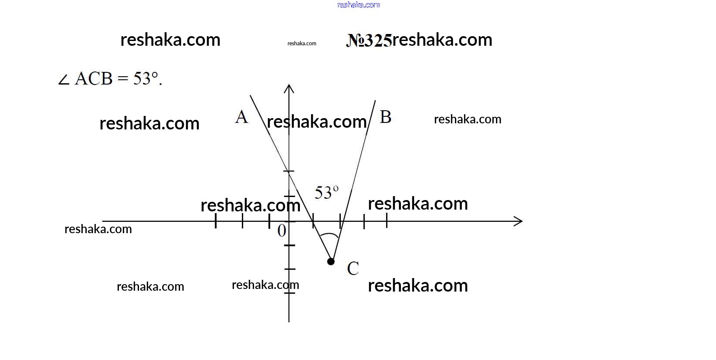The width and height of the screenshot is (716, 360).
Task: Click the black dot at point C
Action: pyautogui.click(x=331, y=262)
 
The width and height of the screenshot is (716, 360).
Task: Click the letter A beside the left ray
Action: pyautogui.click(x=241, y=117)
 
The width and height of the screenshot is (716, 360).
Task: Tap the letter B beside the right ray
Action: pyautogui.click(x=386, y=117)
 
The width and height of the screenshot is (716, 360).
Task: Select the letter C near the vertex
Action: pyautogui.click(x=353, y=268)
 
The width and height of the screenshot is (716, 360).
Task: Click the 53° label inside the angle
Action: pyautogui.click(x=326, y=192)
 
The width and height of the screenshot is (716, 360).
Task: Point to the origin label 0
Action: pyautogui.click(x=282, y=231)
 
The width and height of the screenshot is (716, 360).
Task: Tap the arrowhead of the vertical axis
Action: pyautogui.click(x=289, y=88)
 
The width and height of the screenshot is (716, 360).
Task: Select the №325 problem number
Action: pyautogui.click(x=369, y=41)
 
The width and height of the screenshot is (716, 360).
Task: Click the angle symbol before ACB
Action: pyautogui.click(x=64, y=80)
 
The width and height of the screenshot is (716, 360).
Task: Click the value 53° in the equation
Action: pyautogui.click(x=146, y=78)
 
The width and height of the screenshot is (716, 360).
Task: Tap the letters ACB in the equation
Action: pyautogui.click(x=94, y=78)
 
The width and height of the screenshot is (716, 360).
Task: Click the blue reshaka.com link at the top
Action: pyautogui.click(x=359, y=5)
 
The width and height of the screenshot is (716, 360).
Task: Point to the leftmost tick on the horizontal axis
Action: pyautogui.click(x=216, y=221)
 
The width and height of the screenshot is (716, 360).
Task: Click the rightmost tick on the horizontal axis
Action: pyautogui.click(x=387, y=221)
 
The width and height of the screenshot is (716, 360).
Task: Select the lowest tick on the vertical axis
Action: pyautogui.click(x=289, y=293)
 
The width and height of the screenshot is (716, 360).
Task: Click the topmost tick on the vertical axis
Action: pyautogui.click(x=289, y=171)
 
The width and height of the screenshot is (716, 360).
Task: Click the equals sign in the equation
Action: pyautogui.click(x=123, y=78)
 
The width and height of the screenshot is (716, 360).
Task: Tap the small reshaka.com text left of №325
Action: pyautogui.click(x=302, y=44)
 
